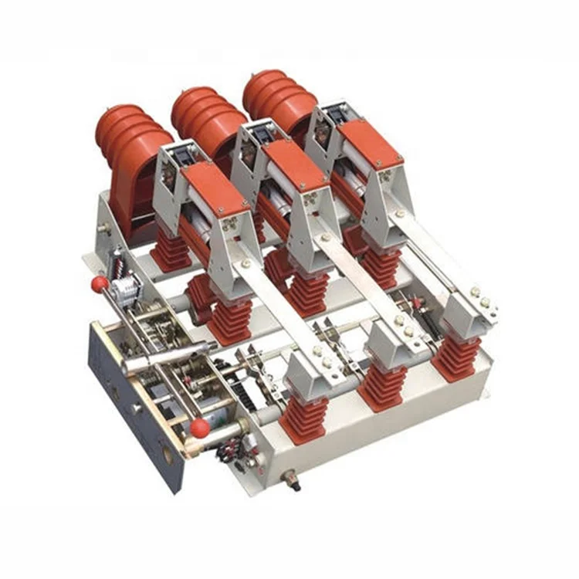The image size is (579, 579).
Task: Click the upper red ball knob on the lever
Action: (100, 284)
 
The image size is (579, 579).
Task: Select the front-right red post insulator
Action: (455, 354)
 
